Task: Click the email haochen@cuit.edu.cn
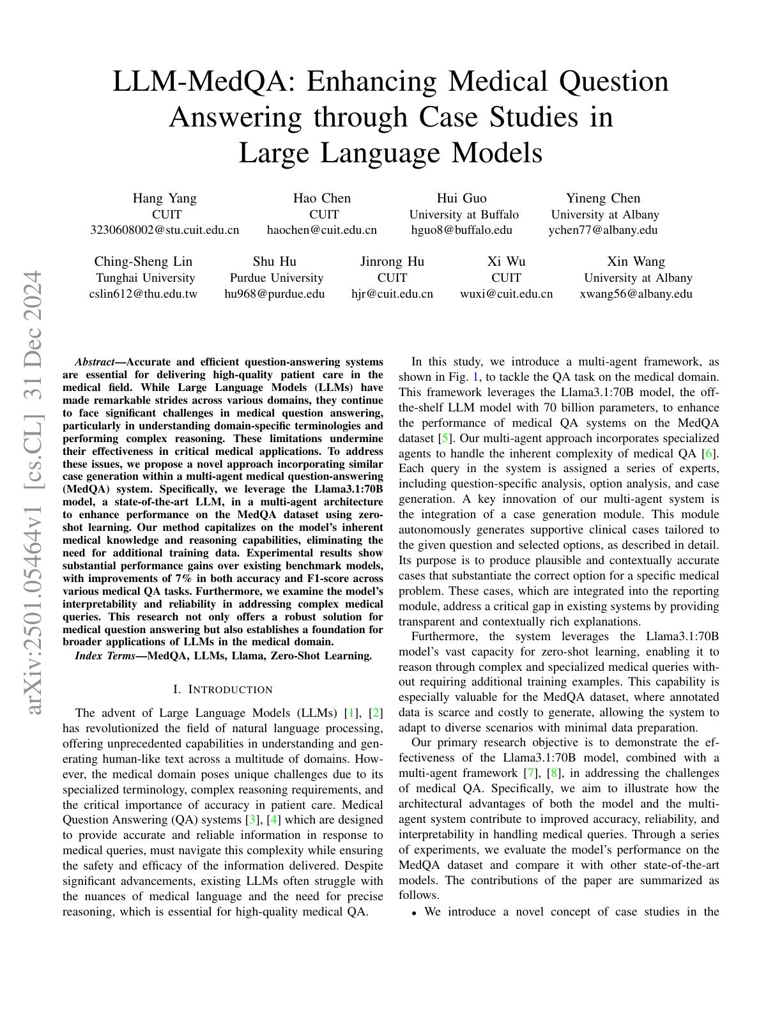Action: click(321, 230)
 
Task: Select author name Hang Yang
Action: click(165, 198)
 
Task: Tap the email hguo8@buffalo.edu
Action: click(461, 230)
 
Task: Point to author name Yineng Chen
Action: click(603, 198)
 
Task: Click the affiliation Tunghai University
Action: click(146, 278)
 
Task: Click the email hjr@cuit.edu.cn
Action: click(392, 294)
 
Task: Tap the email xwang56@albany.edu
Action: click(636, 294)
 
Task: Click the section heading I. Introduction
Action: click(223, 689)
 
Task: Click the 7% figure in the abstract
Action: click(183, 579)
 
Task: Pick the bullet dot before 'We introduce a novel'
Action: click(415, 913)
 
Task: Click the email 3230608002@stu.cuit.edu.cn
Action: click(165, 230)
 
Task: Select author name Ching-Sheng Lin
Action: click(143, 261)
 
